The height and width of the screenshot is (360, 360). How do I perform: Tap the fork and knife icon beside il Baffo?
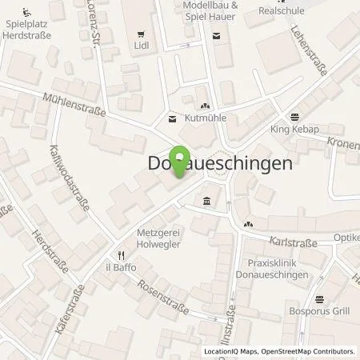coord(113,256)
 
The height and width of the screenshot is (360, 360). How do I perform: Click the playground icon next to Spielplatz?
coord(27,12)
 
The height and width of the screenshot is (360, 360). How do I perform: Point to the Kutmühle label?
coord(206,118)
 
